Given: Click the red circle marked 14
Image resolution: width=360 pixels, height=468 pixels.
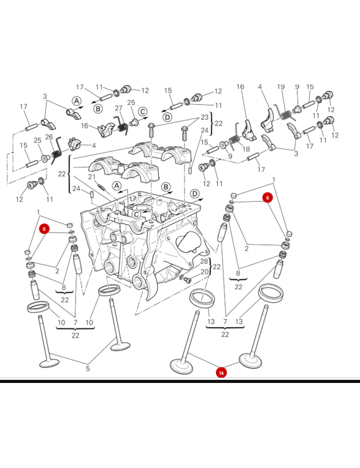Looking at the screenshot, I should coord(221,373).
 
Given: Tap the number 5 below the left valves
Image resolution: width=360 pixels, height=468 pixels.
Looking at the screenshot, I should coord(88,369).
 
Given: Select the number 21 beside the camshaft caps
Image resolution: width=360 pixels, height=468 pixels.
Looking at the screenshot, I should coord(91,177).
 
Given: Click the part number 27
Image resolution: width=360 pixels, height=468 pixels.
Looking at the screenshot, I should coord(119,108).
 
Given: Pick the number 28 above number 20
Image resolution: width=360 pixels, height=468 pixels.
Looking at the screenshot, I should coord(204,261).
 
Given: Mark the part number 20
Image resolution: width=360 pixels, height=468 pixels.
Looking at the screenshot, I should coord(204,272).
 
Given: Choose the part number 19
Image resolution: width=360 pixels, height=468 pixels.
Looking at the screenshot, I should coord(281,87).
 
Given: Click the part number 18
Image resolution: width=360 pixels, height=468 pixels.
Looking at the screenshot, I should coord(246,150).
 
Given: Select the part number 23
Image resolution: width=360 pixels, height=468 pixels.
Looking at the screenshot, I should coord(204,117).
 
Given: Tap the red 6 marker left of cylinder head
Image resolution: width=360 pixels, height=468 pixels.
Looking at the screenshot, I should coord(44,228).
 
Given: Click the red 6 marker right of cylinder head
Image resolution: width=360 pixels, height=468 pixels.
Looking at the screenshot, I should coord(268,197).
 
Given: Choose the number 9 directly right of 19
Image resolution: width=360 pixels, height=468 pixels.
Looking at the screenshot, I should coord(297,87).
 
